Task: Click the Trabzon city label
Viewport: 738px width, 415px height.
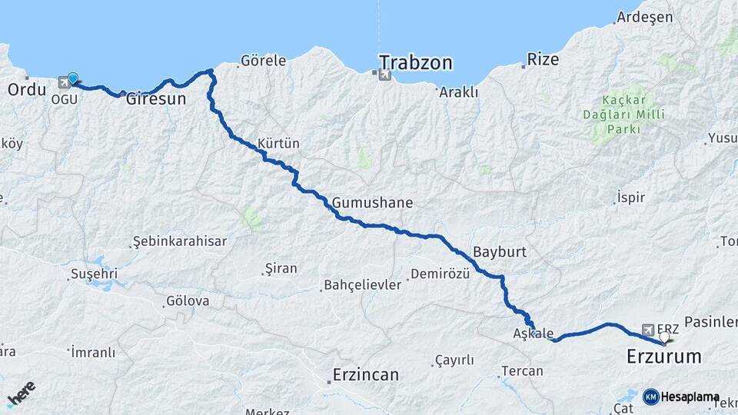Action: [415, 63]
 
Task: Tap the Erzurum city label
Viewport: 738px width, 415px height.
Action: [663, 357]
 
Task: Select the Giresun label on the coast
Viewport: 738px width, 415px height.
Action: [156, 98]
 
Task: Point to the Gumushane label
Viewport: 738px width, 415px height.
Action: [372, 204]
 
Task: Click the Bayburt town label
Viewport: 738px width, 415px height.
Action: [499, 251]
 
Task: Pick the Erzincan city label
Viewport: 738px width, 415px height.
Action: [365, 375]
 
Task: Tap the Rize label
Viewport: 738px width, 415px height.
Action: [543, 59]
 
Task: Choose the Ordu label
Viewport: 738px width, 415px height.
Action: [27, 89]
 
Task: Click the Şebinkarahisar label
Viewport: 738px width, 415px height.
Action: [179, 241]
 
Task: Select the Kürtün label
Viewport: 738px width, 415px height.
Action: [278, 144]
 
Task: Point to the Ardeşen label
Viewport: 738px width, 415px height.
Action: [644, 18]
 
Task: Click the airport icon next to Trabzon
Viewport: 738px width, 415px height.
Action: [384, 75]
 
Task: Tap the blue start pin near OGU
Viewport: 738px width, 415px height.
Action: [73, 78]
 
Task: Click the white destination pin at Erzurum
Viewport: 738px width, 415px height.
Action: [664, 337]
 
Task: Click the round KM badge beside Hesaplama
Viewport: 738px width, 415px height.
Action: [651, 397]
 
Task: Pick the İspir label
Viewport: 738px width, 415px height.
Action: [630, 198]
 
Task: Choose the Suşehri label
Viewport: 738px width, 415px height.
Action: [93, 274]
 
